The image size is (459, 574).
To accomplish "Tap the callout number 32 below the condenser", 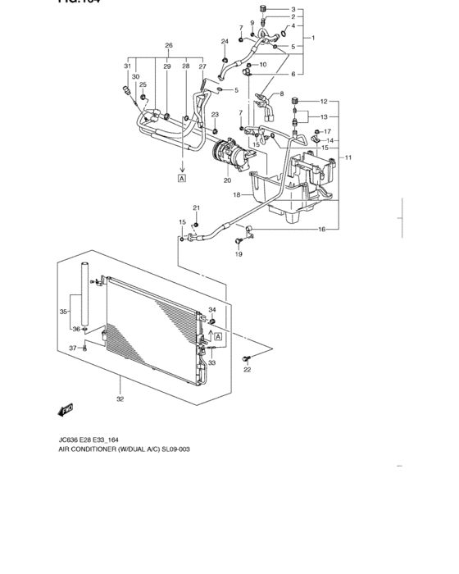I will pos(120,399).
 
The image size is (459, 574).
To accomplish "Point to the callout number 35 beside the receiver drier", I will pos(63,312).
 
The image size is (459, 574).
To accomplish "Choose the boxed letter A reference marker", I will pos(180,177).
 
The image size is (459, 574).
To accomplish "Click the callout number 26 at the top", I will pos(168,45).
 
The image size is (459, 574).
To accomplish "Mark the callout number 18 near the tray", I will pos(235,195).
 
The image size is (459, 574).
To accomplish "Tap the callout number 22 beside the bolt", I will pos(247,371).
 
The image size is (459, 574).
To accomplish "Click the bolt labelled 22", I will pos(246,358).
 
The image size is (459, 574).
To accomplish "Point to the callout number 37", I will pos(71,348).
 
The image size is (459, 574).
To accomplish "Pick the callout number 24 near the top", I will pos(224,41).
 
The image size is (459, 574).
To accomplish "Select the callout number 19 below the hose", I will pos(239,254).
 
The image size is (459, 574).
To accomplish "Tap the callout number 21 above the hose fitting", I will pos(197,208).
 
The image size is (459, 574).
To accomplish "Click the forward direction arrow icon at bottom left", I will pos(66,408).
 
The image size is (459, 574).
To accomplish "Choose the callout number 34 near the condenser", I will pos(211,310).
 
